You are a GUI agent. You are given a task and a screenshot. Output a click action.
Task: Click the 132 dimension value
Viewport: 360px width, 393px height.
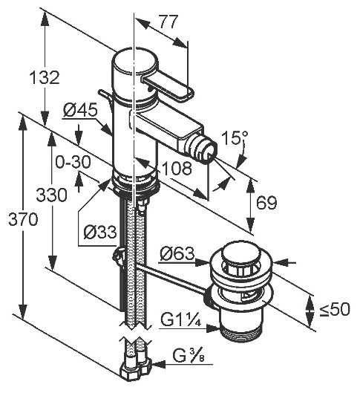point(45,77)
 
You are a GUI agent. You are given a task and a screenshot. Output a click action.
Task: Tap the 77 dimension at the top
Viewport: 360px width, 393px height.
point(168,22)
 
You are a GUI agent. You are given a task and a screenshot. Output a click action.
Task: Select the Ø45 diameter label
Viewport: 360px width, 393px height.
point(80,110)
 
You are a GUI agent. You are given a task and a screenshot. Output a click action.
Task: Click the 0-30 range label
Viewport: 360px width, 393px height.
point(73,162)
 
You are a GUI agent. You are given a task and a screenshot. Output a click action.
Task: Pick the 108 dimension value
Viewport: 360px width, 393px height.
point(177,168)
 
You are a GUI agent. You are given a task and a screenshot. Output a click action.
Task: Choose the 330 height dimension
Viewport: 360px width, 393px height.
point(51,195)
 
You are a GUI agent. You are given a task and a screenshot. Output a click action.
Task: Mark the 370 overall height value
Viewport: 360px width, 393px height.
point(23,219)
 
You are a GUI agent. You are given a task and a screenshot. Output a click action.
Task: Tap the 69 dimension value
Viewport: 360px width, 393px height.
point(267,203)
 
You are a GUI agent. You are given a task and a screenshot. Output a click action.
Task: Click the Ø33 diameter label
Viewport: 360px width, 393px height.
point(100,232)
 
